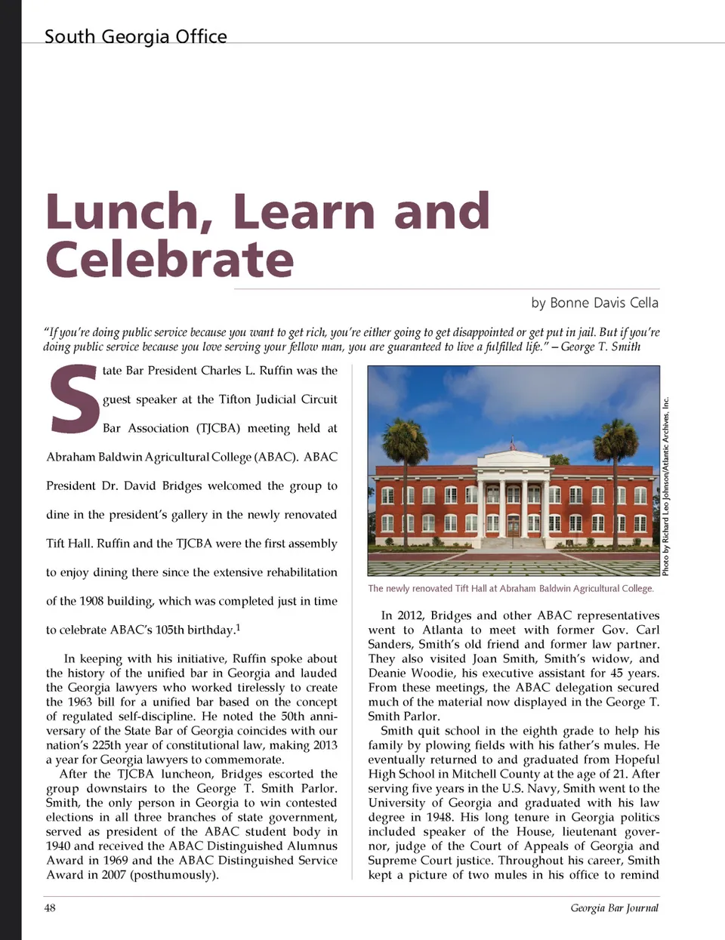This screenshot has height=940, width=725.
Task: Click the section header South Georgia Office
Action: pyautogui.click(x=135, y=36)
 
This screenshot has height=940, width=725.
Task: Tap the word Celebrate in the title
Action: pyautogui.click(x=170, y=259)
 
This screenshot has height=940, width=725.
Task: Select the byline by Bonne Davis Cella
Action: pyautogui.click(x=594, y=303)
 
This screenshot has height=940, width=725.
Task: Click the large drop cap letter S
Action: pyautogui.click(x=73, y=400)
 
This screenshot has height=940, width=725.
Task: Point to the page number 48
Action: pyautogui.click(x=50, y=908)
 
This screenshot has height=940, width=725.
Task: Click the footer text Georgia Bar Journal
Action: pyautogui.click(x=614, y=908)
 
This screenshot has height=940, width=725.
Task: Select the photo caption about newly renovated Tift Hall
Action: pyautogui.click(x=511, y=588)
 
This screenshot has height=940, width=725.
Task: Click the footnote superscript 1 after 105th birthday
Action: pyautogui.click(x=238, y=627)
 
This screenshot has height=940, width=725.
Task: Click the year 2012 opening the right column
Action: pyautogui.click(x=411, y=615)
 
